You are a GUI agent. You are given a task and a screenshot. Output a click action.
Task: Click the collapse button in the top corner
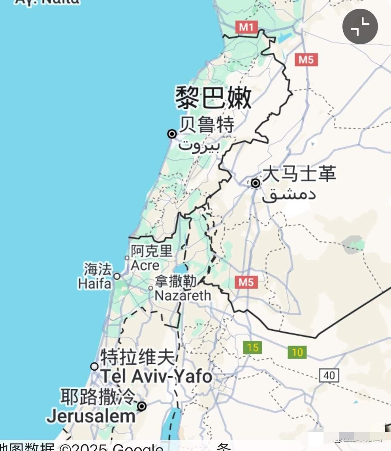point(360,27)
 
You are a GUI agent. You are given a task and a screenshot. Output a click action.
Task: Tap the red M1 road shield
point(246,27)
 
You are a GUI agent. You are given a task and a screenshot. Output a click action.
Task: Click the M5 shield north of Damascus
point(306,60)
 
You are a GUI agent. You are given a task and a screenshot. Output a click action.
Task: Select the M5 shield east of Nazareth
point(246,282)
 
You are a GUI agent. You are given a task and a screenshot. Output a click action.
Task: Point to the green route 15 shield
point(252,348)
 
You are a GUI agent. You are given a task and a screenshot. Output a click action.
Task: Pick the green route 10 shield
point(297,352)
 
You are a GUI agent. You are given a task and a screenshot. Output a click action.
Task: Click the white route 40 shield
point(329,375)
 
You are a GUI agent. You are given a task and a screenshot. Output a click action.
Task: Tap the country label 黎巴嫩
point(213,98)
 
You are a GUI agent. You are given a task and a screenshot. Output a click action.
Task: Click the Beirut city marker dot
point(172,134)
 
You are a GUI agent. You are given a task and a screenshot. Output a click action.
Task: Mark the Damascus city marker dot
point(256,183)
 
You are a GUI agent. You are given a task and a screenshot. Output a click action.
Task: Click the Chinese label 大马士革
point(299,174)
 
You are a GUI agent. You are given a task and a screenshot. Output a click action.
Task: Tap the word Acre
point(145,265)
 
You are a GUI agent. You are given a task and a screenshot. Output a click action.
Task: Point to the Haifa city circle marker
point(117,276)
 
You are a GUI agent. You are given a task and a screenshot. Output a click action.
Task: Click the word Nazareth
point(182,295)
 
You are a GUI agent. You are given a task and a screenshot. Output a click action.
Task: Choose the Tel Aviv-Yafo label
point(156,376)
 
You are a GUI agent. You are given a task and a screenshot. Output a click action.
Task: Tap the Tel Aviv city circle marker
point(94,366)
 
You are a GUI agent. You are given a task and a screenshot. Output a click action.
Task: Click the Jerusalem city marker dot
point(142,406)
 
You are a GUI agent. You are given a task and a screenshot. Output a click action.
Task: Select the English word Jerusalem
point(91,417)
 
